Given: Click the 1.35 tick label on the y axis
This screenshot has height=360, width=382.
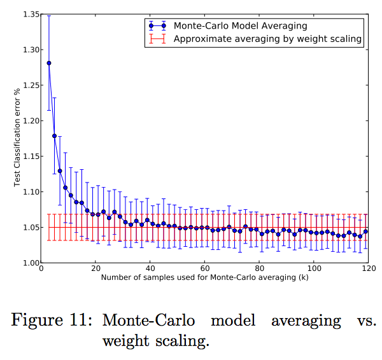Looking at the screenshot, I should tap(29, 14).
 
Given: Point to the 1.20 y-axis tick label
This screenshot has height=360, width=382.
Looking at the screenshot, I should tap(29, 121).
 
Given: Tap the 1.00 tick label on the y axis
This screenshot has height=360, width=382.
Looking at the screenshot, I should tap(29, 263).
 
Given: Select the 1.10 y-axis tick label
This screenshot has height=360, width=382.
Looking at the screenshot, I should tap(29, 192).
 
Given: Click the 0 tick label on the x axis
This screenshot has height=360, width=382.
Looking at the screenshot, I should tap(41, 270).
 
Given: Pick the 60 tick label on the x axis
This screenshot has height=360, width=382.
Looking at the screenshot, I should tap(204, 270).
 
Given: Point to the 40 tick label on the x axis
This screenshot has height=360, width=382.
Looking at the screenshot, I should tap(150, 270).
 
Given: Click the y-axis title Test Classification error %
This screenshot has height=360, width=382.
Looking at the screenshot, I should tap(18, 139).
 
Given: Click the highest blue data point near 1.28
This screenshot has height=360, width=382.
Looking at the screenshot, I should tap(49, 63).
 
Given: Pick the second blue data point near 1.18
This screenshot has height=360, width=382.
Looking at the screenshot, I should tap(54, 135).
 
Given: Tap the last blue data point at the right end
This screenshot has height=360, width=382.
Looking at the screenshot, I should tap(365, 232).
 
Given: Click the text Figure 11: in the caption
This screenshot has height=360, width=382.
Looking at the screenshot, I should tap(51, 320).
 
